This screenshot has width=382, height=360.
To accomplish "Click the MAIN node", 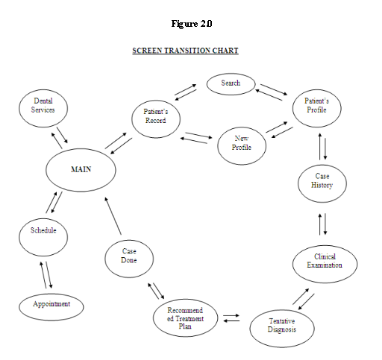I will (81, 169).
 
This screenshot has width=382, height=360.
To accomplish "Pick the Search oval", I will (231, 83).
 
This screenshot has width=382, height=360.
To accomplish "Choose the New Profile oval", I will (242, 143).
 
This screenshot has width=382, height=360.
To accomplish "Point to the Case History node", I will (322, 181).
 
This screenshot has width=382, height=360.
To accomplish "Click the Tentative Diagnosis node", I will (281, 325).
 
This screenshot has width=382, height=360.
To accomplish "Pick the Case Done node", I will (129, 256).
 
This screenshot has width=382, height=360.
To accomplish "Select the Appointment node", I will (51, 305).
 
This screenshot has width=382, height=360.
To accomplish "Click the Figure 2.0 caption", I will (191, 24).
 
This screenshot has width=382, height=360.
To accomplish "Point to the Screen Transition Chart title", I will (185, 51).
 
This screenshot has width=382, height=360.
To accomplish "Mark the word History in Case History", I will (322, 186).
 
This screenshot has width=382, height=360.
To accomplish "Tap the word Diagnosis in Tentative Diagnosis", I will (281, 330).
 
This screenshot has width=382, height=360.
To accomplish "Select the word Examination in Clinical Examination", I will (325, 266).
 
